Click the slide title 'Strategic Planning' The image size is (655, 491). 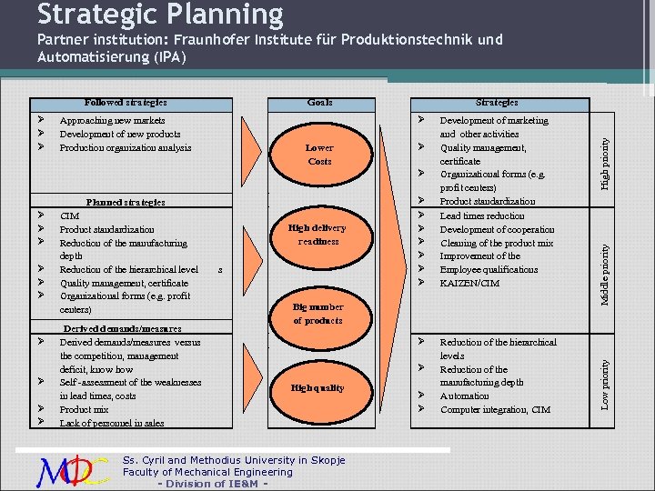[160, 15]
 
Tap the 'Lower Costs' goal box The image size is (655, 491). [319, 155]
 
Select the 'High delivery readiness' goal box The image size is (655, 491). [317, 235]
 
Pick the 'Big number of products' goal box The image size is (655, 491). [318, 314]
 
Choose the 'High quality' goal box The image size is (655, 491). [317, 388]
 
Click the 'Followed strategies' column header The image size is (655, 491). [126, 103]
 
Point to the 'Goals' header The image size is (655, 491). [319, 103]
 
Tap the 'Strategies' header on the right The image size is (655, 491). [497, 103]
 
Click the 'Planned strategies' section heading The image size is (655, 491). [126, 202]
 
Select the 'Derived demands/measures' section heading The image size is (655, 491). [122, 328]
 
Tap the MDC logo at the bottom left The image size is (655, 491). [74, 470]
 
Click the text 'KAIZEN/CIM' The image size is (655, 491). [469, 284]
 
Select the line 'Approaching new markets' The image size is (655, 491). [112, 120]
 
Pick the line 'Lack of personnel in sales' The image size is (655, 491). [112, 423]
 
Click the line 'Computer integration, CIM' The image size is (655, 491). [495, 410]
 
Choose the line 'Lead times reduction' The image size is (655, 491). [482, 215]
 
